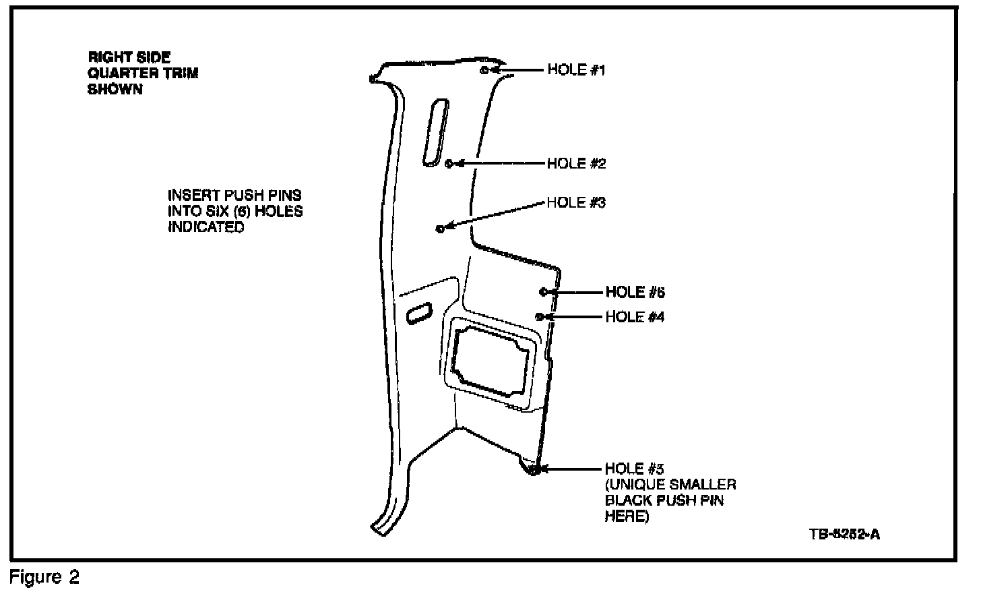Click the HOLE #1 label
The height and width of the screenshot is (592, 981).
tap(576, 70)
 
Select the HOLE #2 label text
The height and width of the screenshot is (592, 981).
tap(576, 164)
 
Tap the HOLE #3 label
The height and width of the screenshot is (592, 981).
tap(576, 202)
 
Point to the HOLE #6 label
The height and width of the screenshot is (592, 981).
tap(635, 293)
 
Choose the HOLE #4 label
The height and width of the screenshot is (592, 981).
tap(635, 317)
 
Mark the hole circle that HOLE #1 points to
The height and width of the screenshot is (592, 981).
tap(485, 69)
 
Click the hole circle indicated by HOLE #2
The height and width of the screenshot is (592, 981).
tap(450, 163)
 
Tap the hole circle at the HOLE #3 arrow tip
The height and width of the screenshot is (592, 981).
tap(440, 229)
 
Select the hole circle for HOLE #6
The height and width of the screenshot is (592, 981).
tap(543, 292)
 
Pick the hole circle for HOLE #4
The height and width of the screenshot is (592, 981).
tap(539, 316)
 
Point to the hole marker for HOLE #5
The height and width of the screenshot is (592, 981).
tap(533, 470)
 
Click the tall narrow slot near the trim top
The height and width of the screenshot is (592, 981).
tap(435, 132)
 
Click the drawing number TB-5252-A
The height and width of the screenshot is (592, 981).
tap(844, 535)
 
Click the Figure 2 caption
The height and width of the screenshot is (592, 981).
tap(44, 578)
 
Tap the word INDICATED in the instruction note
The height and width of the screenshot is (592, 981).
tap(206, 227)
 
